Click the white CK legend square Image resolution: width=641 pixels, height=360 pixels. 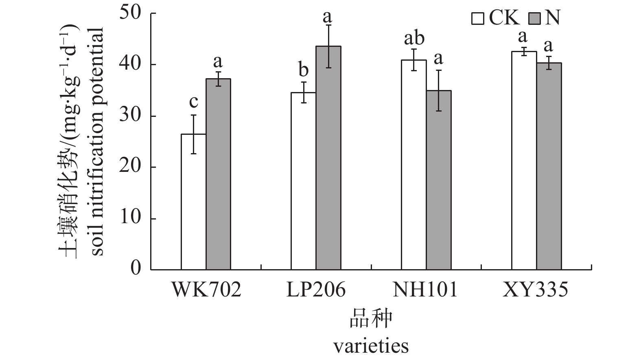[x=478, y=19]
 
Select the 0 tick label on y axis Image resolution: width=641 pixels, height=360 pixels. [x=136, y=269]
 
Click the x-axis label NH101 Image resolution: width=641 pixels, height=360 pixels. [x=425, y=290]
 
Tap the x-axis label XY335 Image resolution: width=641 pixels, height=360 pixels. [x=535, y=290]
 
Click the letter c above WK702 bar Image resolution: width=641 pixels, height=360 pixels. [x=193, y=102]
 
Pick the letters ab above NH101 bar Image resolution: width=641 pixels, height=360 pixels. [x=414, y=39]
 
